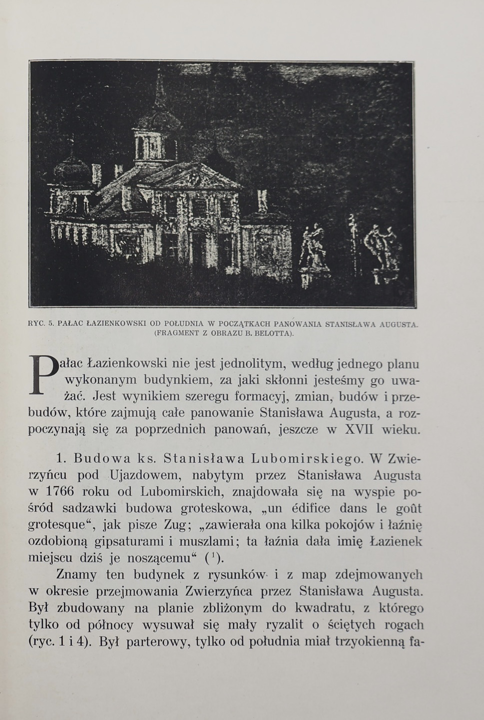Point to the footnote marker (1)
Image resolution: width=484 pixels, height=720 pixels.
click(214, 557)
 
